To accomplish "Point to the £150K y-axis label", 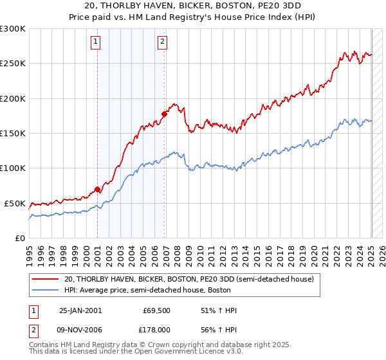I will pos(13,133).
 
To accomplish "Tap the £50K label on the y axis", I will pos(15,203).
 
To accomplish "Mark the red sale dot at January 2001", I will pos(98,189).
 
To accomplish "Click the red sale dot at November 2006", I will pos(164,114).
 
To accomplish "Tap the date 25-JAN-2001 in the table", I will pos(80,310).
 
